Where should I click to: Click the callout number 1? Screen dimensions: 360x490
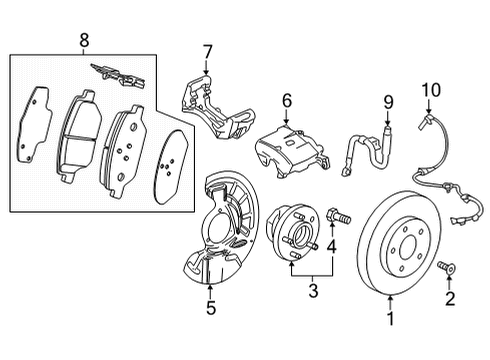point(390,320)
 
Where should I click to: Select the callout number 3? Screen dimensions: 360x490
point(312,291)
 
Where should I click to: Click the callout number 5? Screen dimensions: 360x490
point(211,308)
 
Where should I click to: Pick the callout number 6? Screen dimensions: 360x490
point(286,100)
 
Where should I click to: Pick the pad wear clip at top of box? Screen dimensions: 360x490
point(118,72)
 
